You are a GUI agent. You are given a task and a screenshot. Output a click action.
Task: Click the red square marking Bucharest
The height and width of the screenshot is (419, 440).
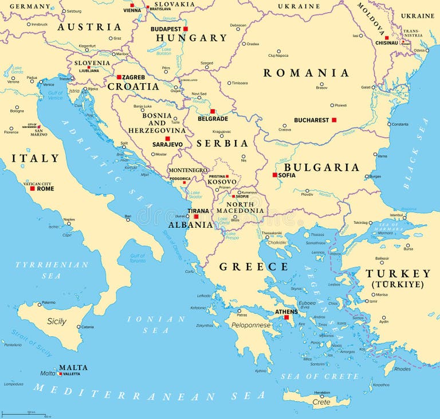tap(334, 120)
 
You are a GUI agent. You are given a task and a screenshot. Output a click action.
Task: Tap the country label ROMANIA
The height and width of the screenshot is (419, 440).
tap(306, 73)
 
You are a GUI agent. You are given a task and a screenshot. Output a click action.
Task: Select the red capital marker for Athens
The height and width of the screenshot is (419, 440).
tap(286, 317)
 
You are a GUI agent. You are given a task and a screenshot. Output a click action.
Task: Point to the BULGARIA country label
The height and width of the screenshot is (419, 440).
tap(321, 167)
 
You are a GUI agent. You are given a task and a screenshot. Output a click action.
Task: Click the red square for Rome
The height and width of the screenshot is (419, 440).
tap(33, 188)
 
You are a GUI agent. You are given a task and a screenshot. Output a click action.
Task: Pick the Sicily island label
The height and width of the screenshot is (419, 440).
tap(57, 321)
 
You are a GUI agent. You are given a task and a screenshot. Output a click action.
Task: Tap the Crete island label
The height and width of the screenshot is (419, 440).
tap(321, 402)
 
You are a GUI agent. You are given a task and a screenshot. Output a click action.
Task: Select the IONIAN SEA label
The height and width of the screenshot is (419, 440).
tap(156, 324)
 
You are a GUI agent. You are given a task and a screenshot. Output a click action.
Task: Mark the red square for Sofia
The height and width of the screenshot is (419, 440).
tap(275, 175)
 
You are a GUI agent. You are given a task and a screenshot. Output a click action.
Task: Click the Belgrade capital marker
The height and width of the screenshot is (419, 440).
tap(213, 111)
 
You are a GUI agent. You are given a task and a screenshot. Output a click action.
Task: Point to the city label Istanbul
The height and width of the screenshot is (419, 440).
tap(396, 215)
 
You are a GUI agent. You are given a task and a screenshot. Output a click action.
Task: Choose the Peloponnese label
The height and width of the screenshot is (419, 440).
tap(250, 325)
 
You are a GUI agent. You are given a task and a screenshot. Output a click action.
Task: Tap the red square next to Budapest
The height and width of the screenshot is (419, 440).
tap(185, 29)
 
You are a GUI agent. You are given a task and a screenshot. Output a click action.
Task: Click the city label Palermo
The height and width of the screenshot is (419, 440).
tap(49, 302)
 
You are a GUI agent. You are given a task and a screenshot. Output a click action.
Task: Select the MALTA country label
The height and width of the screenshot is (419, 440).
tap(73, 367)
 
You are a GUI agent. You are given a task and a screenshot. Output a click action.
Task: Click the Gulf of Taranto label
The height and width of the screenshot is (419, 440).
tap(137, 258)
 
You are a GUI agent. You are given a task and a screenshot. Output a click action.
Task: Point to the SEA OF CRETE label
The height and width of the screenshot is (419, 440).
tap(320, 377)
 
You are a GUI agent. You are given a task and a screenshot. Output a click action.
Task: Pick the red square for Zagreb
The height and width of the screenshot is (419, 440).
tap(119, 77)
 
